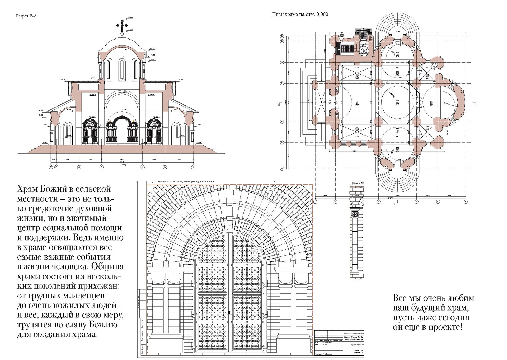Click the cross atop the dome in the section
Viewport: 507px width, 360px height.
click(x=122, y=25)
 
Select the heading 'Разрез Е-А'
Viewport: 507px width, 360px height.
click(x=26, y=16)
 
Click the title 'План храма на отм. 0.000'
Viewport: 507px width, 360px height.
click(x=300, y=14)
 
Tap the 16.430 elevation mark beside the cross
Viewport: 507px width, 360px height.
click(x=130, y=17)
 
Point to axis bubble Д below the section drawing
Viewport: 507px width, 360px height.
click(x=79, y=167)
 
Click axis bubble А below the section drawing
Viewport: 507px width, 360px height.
click(x=193, y=167)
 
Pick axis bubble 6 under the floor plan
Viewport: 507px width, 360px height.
click(x=466, y=202)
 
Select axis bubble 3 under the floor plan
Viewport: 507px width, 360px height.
click(x=378, y=202)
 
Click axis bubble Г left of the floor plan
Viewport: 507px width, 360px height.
click(x=282, y=84)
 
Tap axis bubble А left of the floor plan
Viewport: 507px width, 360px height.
click(x=282, y=169)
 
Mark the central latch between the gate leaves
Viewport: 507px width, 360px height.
click(x=230, y=312)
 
